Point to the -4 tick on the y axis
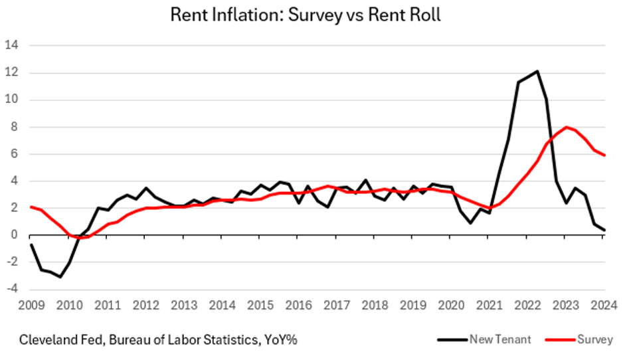(12, 289)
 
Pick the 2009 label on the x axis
(31, 306)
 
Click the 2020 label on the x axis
(451, 306)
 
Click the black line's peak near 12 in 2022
(537, 71)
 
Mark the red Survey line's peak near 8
(565, 127)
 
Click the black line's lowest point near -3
(60, 276)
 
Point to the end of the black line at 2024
(604, 230)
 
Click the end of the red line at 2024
(604, 155)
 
